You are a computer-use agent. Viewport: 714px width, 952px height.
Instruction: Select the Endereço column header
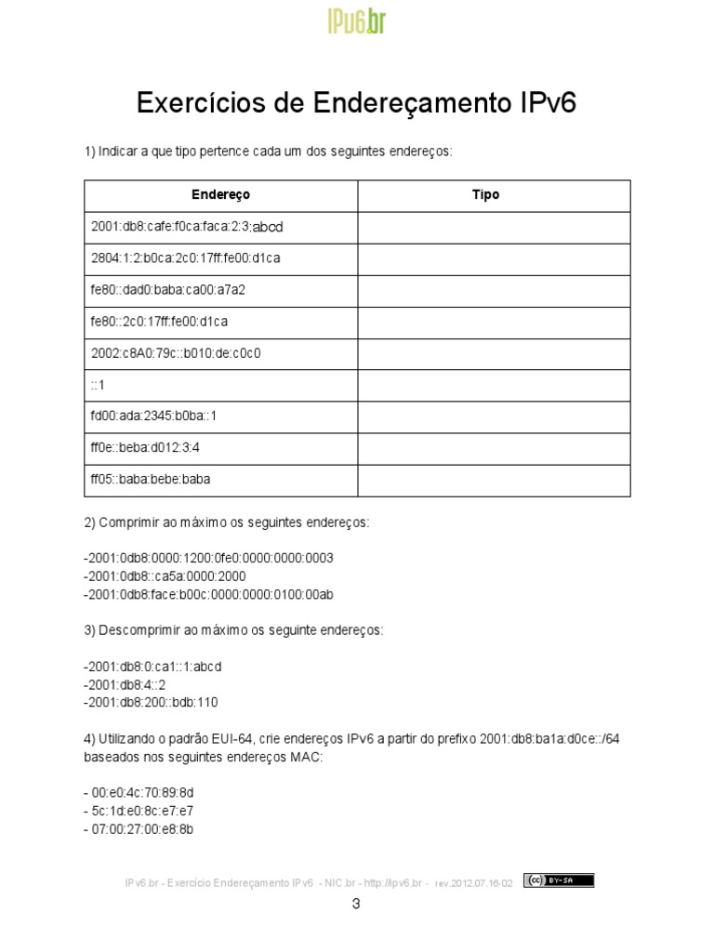pyautogui.click(x=220, y=195)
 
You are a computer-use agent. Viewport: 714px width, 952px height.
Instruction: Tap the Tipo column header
pyautogui.click(x=485, y=195)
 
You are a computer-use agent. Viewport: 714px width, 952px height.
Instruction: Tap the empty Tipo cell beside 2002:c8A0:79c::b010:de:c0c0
pyautogui.click(x=494, y=353)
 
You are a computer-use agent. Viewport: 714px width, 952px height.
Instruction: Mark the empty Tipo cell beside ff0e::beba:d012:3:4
pyautogui.click(x=494, y=448)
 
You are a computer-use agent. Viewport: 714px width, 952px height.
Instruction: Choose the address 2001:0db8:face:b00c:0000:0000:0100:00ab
pyautogui.click(x=209, y=594)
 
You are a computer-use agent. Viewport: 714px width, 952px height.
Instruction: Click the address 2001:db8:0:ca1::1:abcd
pyautogui.click(x=154, y=667)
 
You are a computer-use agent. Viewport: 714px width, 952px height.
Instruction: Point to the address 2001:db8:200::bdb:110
pyautogui.click(x=152, y=702)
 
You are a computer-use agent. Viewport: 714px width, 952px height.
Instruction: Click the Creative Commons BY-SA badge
pyautogui.click(x=558, y=880)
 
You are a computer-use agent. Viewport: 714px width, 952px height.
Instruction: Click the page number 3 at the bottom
pyautogui.click(x=356, y=904)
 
